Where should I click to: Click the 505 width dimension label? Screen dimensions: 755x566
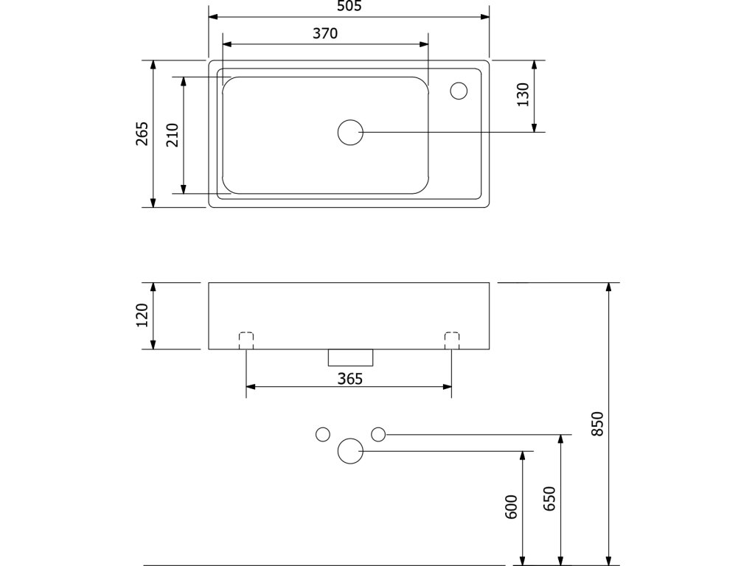(x=349, y=7)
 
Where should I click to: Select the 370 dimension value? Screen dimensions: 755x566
(x=324, y=33)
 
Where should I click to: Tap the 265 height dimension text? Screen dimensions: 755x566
(x=142, y=133)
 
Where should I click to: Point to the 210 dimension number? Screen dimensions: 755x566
(x=173, y=135)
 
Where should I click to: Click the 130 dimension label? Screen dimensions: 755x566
(x=523, y=95)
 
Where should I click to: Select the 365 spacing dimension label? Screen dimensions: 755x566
(x=349, y=379)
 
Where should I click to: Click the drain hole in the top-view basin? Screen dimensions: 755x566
(x=350, y=132)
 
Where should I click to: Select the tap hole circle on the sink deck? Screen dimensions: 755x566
(x=459, y=91)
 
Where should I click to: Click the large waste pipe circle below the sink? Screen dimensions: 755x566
(x=350, y=450)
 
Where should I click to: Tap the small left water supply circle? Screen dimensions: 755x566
(x=322, y=434)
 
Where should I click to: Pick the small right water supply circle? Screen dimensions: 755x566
(x=378, y=434)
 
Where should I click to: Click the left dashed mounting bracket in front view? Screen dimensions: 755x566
(x=246, y=340)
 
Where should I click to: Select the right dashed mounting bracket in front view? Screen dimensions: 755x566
(x=452, y=340)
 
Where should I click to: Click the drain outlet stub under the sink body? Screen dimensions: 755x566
(x=350, y=357)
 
